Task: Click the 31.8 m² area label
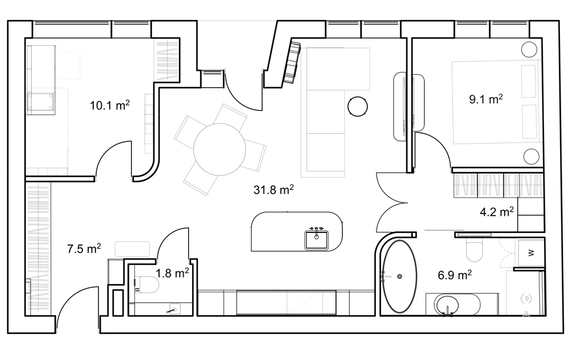pyautogui.click(x=273, y=189)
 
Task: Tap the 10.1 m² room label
pyautogui.click(x=110, y=105)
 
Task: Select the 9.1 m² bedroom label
pyautogui.click(x=486, y=98)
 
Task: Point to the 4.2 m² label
pyautogui.click(x=497, y=211)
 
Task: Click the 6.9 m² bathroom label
pyautogui.click(x=455, y=275)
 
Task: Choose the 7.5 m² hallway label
pyautogui.click(x=84, y=248)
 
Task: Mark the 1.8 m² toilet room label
pyautogui.click(x=172, y=273)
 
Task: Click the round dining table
pyautogui.click(x=220, y=150)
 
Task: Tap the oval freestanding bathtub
pyautogui.click(x=399, y=276)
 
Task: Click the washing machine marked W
pyautogui.click(x=531, y=252)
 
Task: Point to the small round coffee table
pyautogui.click(x=357, y=106)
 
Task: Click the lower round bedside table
pyautogui.click(x=531, y=156)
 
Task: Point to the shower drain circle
pyautogui.click(x=526, y=299)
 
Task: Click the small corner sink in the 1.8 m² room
pyautogui.click(x=174, y=310)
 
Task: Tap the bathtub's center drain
pyautogui.click(x=400, y=276)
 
